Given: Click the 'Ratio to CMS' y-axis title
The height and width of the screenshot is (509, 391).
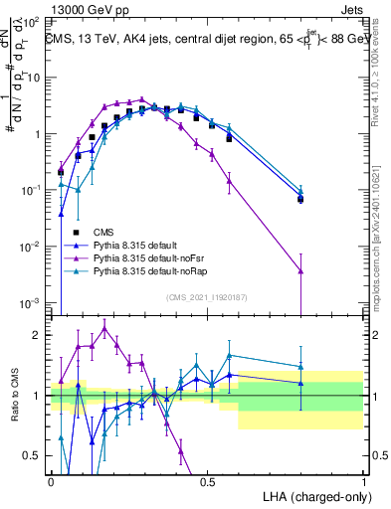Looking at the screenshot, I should [x=13, y=397].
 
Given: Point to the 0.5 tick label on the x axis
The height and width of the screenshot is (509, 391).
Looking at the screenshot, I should [x=207, y=481].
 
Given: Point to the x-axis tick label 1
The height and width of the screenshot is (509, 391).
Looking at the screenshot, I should [x=363, y=481].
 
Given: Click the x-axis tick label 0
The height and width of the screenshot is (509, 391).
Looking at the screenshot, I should [x=51, y=481].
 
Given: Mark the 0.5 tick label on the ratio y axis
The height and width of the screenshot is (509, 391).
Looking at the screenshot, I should [x=36, y=456].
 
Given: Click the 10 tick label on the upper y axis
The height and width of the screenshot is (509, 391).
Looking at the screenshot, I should [x=36, y=78].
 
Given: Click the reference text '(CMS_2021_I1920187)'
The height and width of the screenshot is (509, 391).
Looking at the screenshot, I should [x=205, y=297].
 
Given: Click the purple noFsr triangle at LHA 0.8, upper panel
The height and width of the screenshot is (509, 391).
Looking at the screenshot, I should [x=300, y=269].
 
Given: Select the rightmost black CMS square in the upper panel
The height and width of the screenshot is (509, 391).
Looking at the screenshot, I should [x=300, y=199].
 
